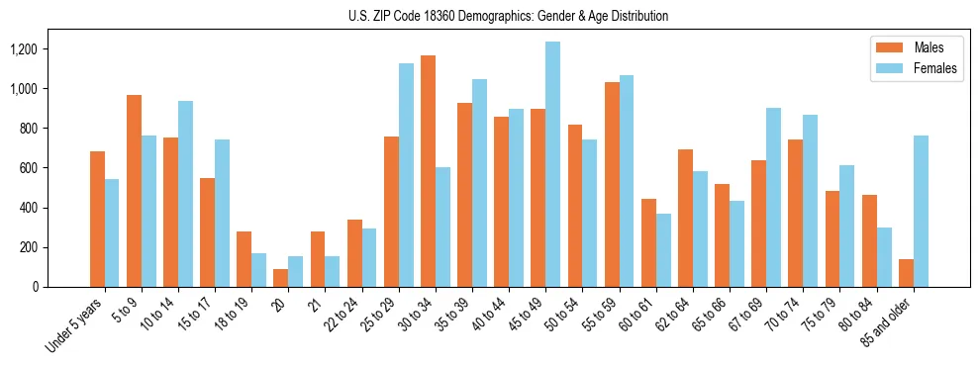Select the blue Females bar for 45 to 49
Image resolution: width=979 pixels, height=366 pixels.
(x=552, y=164)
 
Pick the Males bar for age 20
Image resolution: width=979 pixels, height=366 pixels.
(x=281, y=278)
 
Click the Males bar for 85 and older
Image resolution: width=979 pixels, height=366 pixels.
(x=906, y=273)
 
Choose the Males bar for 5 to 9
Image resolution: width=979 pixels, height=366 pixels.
(x=134, y=191)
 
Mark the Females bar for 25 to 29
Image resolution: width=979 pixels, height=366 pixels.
(x=406, y=175)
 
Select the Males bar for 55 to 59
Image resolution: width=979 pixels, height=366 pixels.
(x=612, y=185)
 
